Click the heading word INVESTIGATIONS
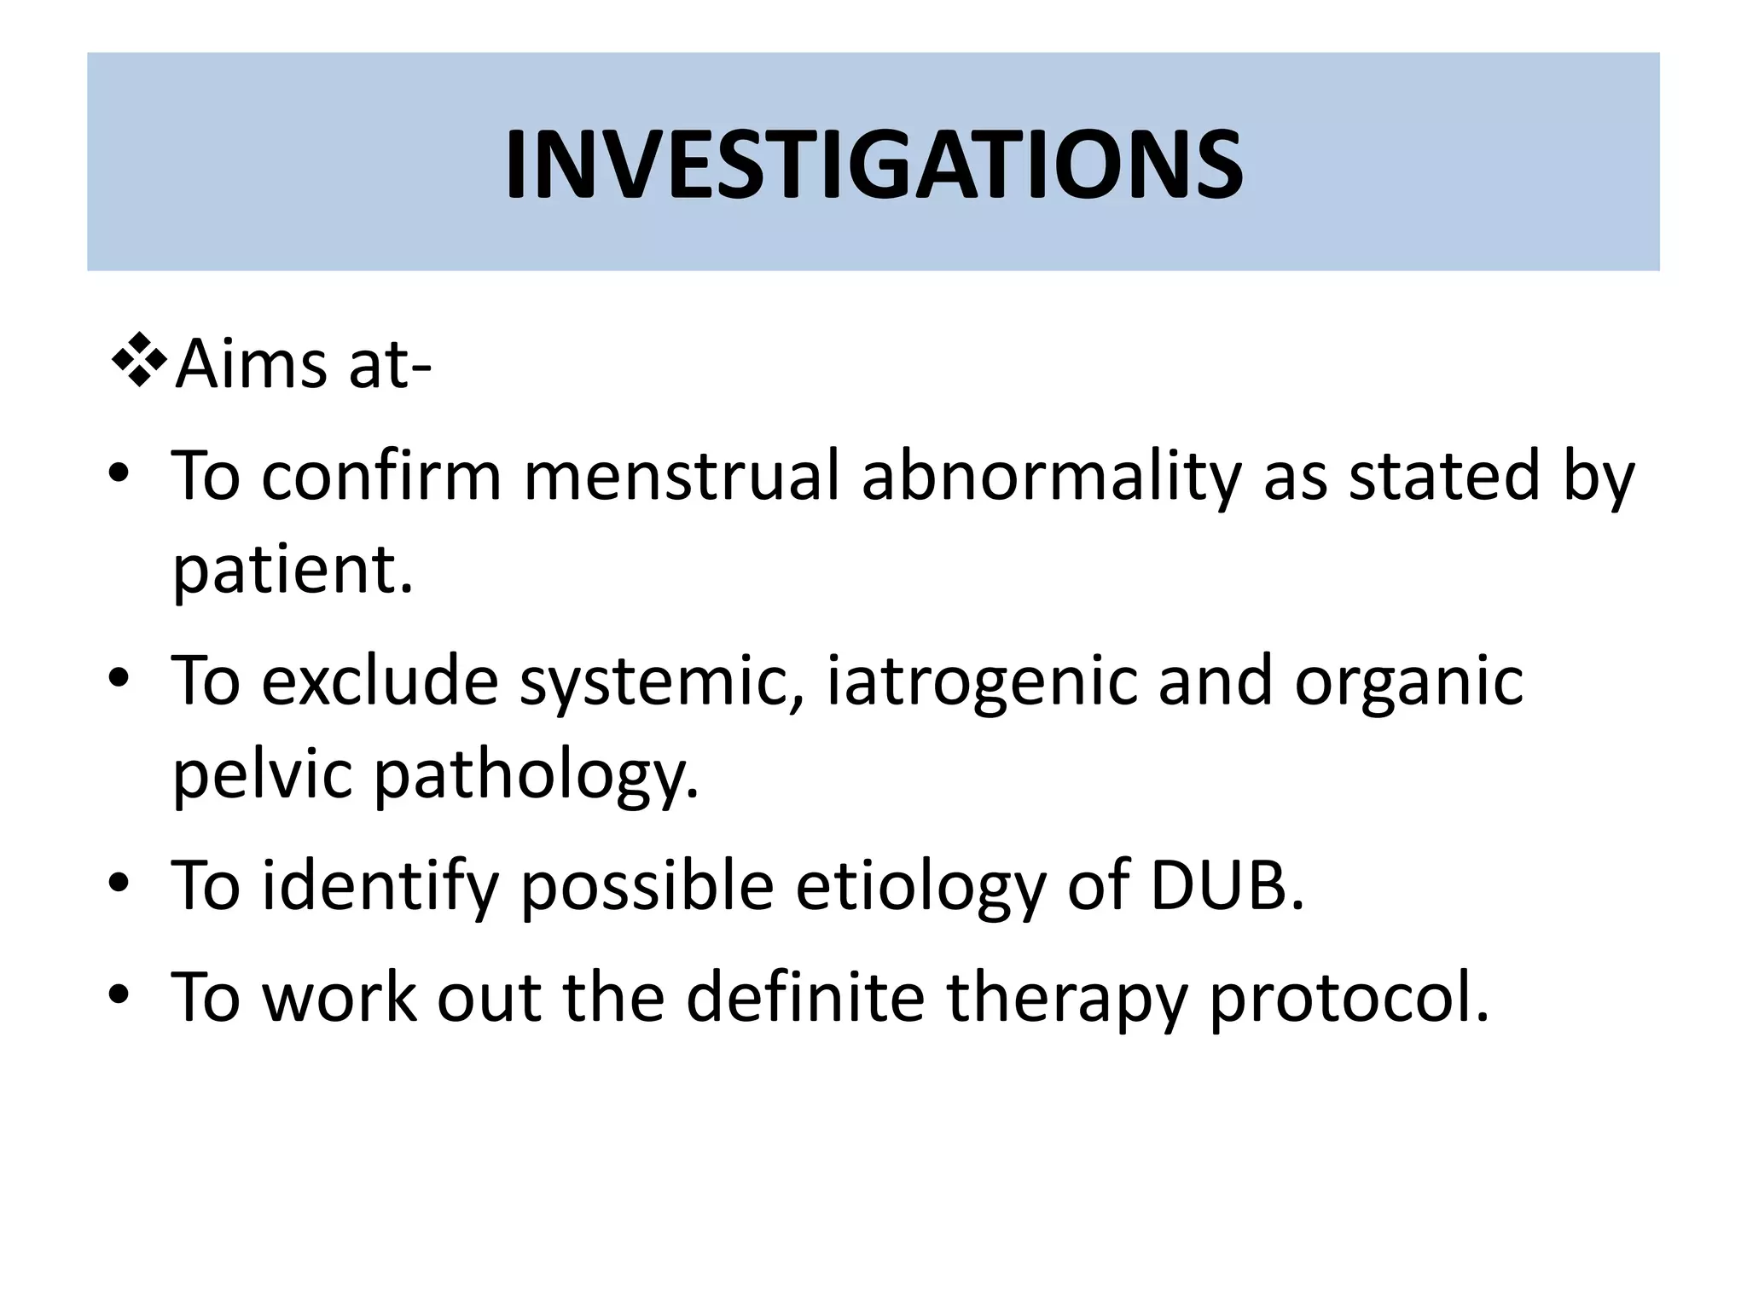[x=873, y=165]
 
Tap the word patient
[x=291, y=570]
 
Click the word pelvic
[x=263, y=774]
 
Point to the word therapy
[x=1067, y=998]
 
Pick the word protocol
[x=1348, y=998]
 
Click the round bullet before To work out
[x=119, y=994]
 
